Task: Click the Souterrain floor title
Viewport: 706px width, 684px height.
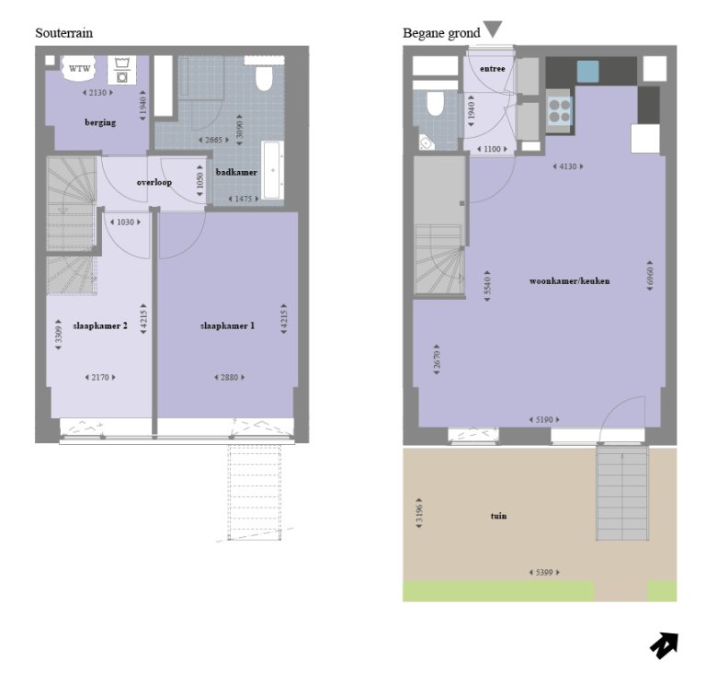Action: (x=63, y=33)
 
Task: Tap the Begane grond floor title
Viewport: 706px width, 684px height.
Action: (x=441, y=34)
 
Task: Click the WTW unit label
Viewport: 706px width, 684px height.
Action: (x=80, y=67)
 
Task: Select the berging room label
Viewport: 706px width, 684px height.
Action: (x=100, y=122)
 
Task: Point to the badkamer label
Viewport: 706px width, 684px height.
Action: (x=236, y=172)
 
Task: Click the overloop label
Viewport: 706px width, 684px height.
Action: (x=154, y=182)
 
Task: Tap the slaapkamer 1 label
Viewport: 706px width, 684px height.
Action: (x=227, y=325)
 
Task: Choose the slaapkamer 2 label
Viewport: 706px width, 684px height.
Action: (x=100, y=325)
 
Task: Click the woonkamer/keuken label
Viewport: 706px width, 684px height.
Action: (x=569, y=280)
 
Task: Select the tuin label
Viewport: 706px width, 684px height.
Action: (x=497, y=516)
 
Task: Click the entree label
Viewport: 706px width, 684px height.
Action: (x=492, y=68)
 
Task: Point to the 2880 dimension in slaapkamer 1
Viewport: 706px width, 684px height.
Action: (x=227, y=377)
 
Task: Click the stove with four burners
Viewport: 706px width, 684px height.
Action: (x=559, y=110)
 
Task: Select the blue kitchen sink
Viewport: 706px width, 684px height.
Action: (x=587, y=70)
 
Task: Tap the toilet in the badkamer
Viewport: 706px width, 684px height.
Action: (x=264, y=78)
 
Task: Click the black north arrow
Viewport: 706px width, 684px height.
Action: (x=663, y=645)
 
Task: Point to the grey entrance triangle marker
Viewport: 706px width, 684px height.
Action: (x=493, y=29)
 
